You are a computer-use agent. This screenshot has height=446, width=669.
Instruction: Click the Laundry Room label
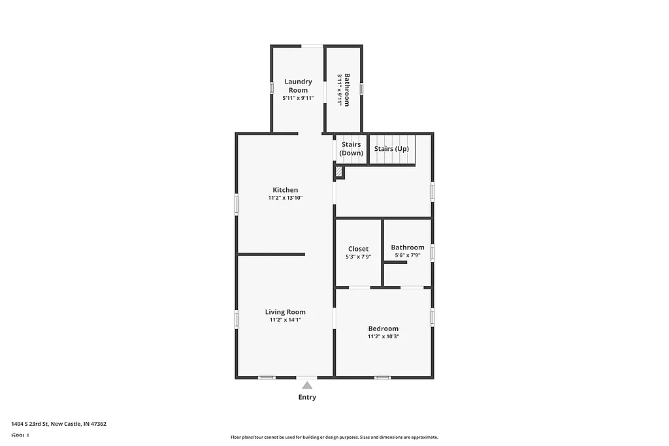[x=298, y=86]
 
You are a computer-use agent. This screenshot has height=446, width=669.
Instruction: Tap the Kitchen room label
[x=286, y=190]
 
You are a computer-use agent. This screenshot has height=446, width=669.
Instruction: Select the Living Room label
[x=285, y=312]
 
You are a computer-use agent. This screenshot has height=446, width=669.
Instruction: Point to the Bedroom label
[x=383, y=328]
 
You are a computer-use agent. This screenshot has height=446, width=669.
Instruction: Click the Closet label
[x=358, y=249]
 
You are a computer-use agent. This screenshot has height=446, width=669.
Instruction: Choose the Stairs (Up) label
[x=391, y=149]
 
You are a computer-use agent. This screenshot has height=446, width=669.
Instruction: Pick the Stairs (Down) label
[x=351, y=149]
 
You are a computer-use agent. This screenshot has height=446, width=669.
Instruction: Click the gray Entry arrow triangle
[x=307, y=385]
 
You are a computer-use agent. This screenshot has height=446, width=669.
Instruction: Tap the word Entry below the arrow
[x=307, y=397]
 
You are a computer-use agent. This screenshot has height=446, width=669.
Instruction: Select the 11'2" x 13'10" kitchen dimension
[x=286, y=198]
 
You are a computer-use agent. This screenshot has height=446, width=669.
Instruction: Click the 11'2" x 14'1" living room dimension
[x=285, y=320]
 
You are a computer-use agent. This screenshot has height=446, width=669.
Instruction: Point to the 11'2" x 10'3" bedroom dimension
[x=383, y=336]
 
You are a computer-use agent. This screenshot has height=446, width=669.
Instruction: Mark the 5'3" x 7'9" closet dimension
[x=358, y=257]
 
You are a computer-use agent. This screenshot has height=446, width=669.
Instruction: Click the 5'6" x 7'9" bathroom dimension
[x=408, y=255]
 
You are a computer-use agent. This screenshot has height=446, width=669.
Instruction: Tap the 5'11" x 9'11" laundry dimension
[x=298, y=98]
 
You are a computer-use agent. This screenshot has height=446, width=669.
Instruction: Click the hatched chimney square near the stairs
[x=339, y=172]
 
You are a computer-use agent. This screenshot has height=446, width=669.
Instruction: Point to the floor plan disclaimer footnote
[x=334, y=438]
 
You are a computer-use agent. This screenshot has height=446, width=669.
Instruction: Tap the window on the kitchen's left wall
[x=237, y=203]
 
